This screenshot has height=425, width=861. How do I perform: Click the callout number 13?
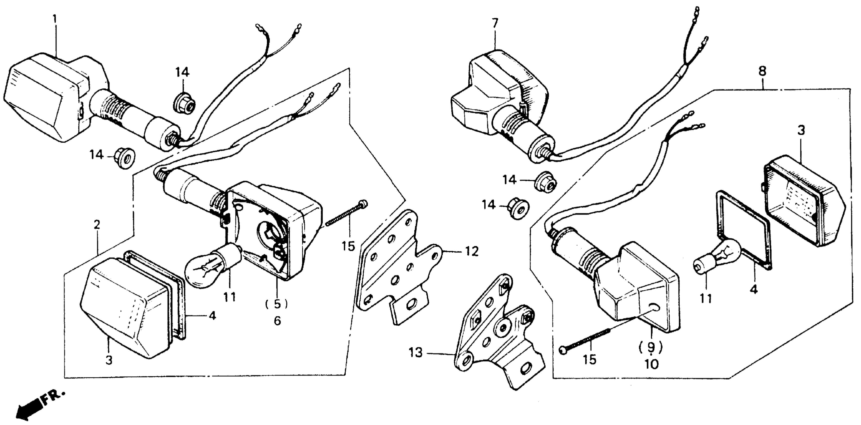pyautogui.click(x=416, y=353)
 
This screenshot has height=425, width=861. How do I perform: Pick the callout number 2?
pyautogui.click(x=97, y=225)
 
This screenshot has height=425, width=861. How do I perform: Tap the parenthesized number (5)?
pyautogui.click(x=276, y=304)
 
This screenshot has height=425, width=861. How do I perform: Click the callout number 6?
pyautogui.click(x=277, y=321)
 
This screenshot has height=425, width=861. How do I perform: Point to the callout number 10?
pyautogui.click(x=651, y=364)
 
